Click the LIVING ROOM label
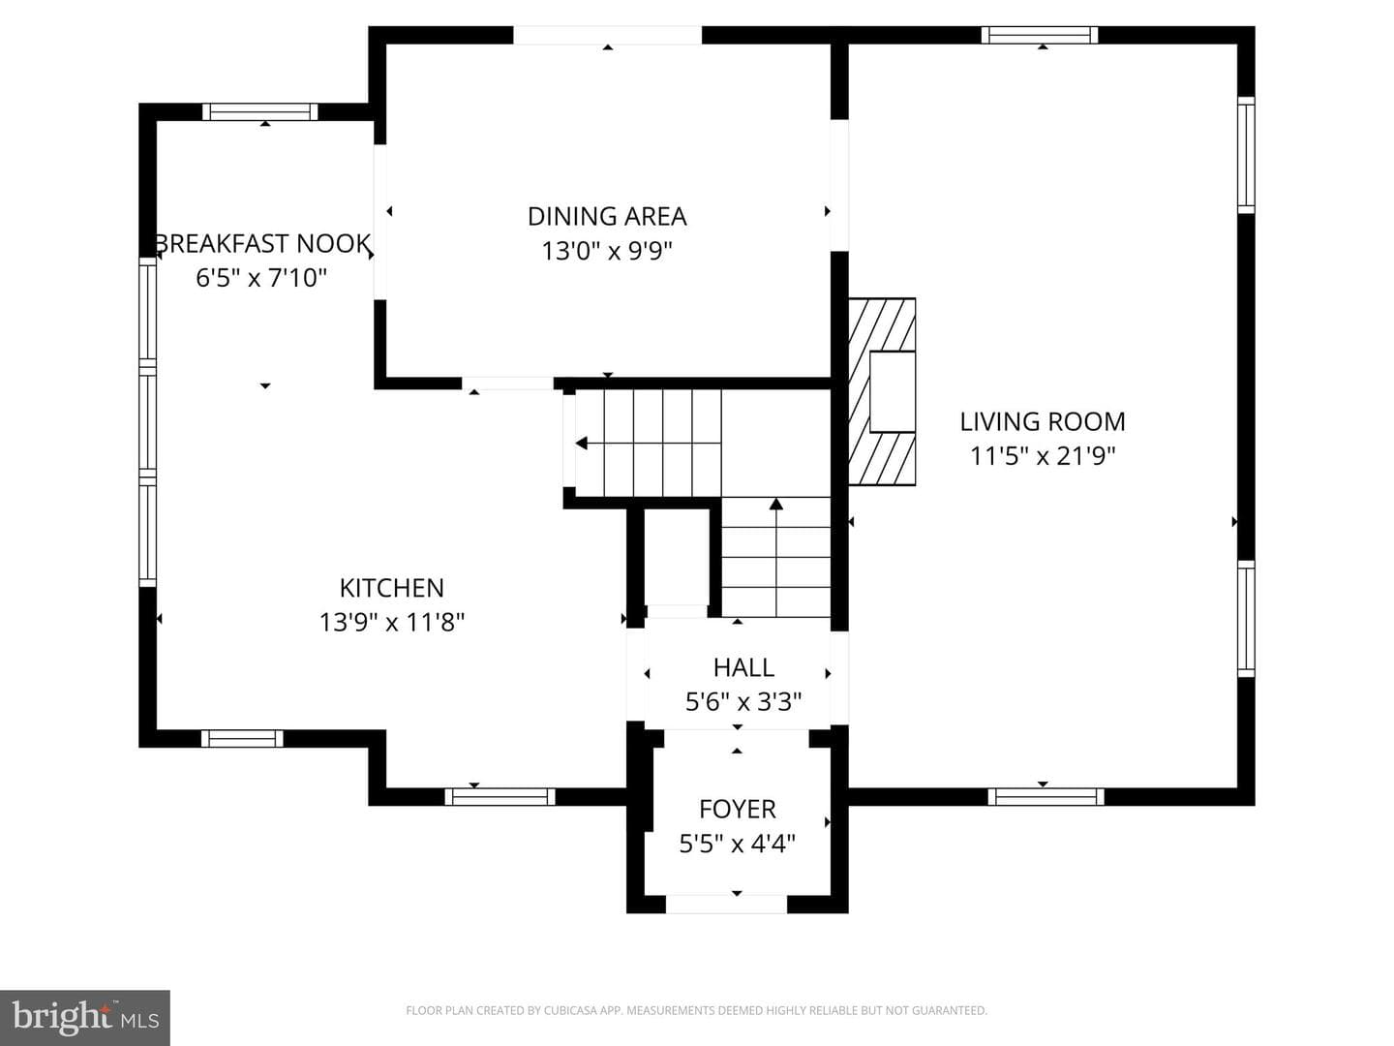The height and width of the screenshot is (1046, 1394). click(x=1043, y=421)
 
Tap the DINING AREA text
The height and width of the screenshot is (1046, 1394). click(x=607, y=217)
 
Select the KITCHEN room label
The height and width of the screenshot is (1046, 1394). click(x=392, y=588)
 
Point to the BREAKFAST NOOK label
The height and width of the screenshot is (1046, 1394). click(x=263, y=244)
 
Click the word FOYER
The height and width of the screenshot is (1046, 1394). click(x=738, y=810)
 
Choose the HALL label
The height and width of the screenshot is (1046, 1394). click(x=743, y=668)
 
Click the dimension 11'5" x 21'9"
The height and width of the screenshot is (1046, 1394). click(x=1043, y=456)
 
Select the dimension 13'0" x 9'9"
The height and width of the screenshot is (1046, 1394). click(x=607, y=251)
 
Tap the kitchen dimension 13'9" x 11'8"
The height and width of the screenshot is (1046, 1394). click(x=392, y=623)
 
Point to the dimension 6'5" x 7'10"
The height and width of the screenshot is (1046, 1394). click(x=261, y=278)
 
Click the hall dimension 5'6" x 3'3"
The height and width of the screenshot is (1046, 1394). click(x=743, y=702)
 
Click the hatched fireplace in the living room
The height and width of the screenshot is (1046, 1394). click(x=882, y=392)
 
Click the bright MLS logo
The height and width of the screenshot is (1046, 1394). click(x=85, y=1017)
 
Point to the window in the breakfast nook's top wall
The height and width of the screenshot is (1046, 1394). click(x=259, y=111)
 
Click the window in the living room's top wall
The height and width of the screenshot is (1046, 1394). click(x=1040, y=35)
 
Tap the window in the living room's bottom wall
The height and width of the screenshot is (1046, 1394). click(x=1045, y=796)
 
